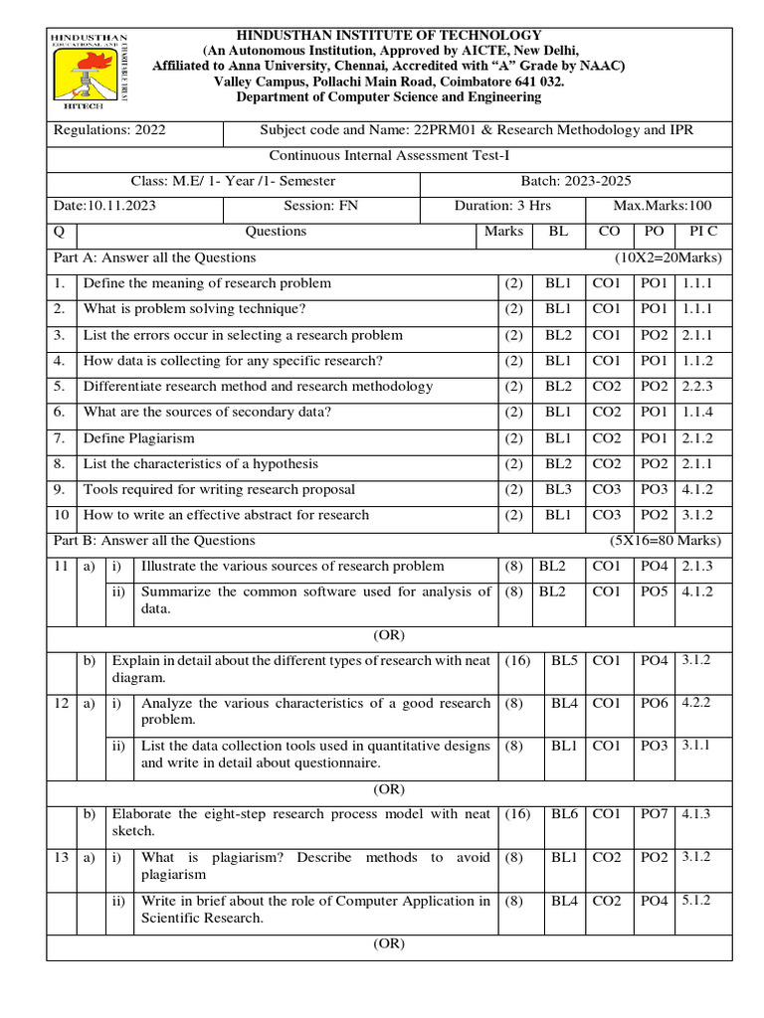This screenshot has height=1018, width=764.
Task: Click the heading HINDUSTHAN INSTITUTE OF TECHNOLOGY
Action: click(x=388, y=36)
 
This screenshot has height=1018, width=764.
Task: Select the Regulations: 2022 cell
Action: click(x=109, y=130)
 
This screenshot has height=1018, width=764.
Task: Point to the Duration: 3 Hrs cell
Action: click(x=502, y=206)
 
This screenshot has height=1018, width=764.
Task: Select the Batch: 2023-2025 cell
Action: click(x=576, y=181)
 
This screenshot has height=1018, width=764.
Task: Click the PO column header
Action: click(x=654, y=232)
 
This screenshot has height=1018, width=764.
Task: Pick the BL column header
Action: click(x=559, y=232)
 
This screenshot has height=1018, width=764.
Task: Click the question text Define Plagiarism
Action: click(x=139, y=438)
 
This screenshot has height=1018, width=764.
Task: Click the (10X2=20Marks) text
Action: click(x=669, y=257)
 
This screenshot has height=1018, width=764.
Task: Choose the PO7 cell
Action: click(x=654, y=814)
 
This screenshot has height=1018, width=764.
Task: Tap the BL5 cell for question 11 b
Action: click(x=564, y=660)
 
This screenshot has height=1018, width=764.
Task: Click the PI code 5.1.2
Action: click(x=697, y=901)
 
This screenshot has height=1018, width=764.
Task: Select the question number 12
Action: click(x=61, y=703)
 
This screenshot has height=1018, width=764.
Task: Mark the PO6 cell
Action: click(x=654, y=703)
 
